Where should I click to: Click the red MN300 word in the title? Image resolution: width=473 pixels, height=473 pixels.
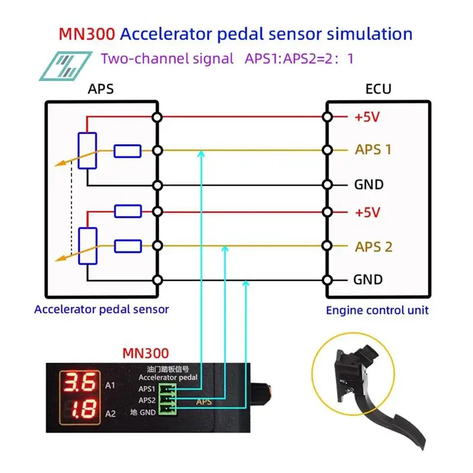click(87, 33)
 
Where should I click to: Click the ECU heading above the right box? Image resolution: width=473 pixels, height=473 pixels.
click(378, 89)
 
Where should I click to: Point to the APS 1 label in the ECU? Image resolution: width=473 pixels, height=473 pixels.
click(373, 150)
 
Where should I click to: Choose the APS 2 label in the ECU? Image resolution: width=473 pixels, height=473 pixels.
click(373, 247)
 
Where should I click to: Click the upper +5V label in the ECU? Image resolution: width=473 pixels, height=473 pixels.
click(367, 117)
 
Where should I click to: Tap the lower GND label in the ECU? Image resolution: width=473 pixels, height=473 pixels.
click(368, 280)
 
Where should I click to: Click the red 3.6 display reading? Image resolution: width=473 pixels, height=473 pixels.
click(80, 383)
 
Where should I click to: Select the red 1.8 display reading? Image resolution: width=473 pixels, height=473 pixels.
click(80, 409)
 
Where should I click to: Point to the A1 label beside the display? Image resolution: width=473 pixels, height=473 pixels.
click(110, 385)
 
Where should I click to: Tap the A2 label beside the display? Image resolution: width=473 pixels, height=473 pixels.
click(110, 413)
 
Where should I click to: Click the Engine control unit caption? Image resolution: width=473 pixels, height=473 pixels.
click(377, 310)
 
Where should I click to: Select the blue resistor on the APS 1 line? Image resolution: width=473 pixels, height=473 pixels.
click(128, 151)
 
